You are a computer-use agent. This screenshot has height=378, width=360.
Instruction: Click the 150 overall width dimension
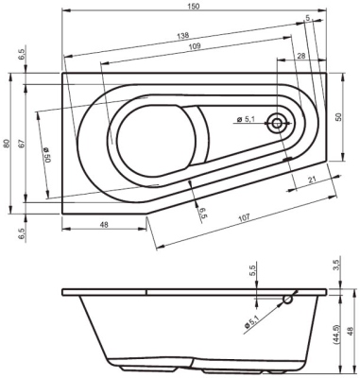pos(193,7)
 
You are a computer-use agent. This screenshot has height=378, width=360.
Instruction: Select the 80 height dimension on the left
pos(8,143)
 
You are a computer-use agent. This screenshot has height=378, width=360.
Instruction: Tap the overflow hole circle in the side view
pos(288,301)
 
